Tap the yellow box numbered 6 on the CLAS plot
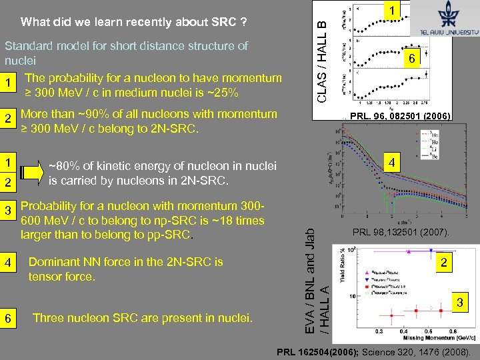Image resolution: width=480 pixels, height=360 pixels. click(413, 59)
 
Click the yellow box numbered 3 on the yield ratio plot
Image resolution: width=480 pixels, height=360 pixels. click(458, 303)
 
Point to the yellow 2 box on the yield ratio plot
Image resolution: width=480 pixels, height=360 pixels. click(442, 263)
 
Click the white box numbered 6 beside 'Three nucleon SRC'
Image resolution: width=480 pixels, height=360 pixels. click(9, 319)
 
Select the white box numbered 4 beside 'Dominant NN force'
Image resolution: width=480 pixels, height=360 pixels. click(9, 263)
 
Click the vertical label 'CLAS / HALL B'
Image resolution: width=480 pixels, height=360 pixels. click(321, 62)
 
